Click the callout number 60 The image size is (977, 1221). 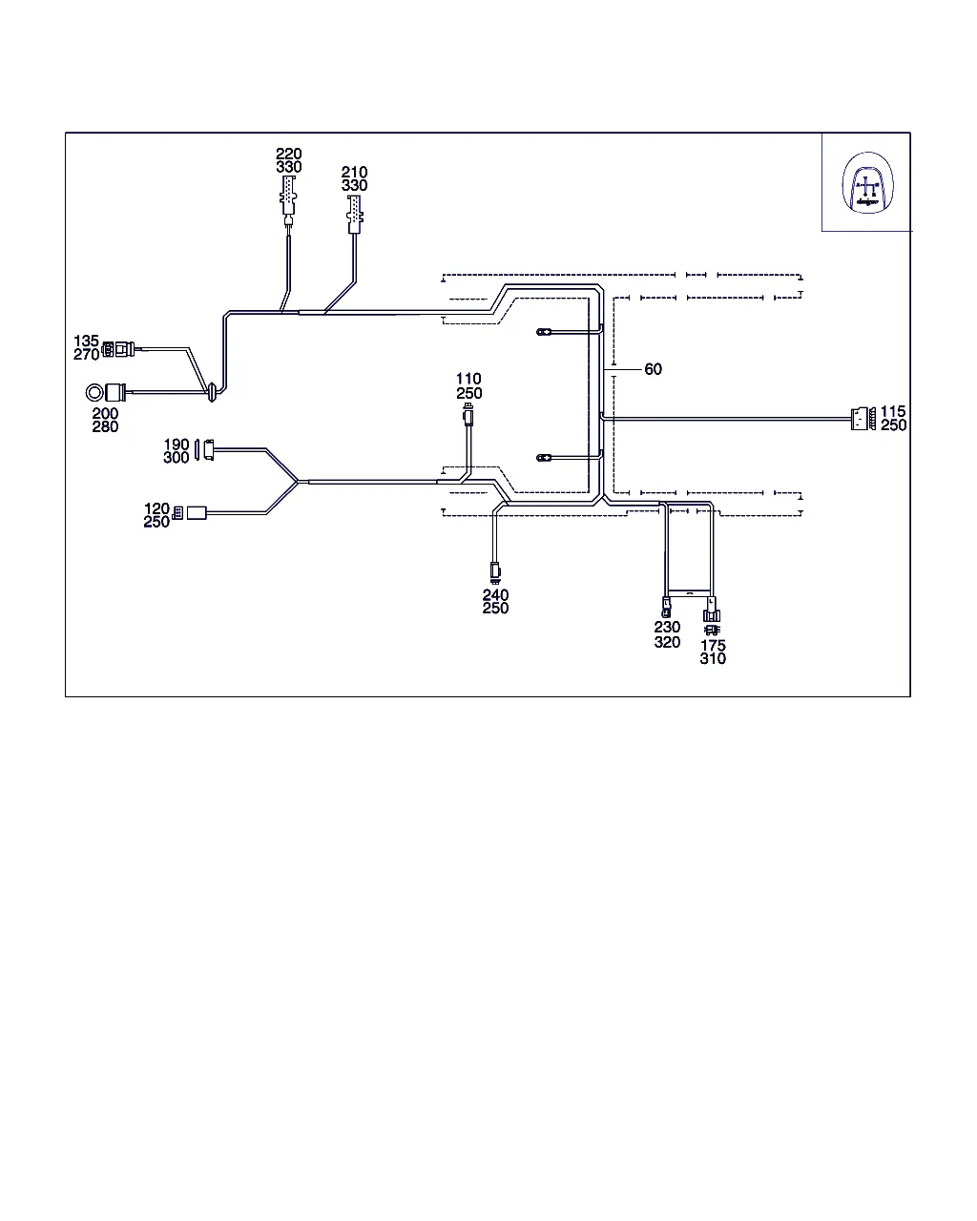tap(653, 369)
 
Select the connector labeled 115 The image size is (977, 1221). tap(860, 418)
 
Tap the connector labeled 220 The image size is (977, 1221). tap(288, 198)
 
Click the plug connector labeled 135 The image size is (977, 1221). tap(115, 350)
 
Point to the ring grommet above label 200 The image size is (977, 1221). tap(95, 392)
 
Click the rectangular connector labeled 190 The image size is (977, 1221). tap(204, 448)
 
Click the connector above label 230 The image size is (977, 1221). tap(666, 605)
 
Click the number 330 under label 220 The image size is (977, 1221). tap(288, 167)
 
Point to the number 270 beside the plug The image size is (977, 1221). tap(86, 355)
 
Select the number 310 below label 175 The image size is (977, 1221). tap(713, 658)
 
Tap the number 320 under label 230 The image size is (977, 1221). tap(667, 642)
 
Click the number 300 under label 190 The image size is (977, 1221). tap(177, 458)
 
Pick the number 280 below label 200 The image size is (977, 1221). tap(105, 426)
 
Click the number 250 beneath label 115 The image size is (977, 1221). tap(894, 425)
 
